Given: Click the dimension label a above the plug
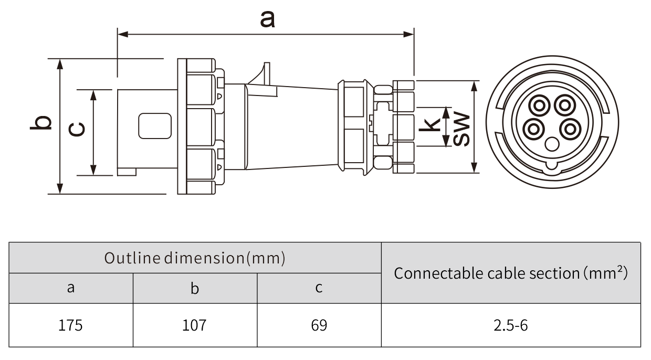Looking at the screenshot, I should click(267, 19).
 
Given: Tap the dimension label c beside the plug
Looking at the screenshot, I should click(77, 128).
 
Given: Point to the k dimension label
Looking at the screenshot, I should click(432, 124).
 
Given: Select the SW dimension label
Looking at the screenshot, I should click(461, 128).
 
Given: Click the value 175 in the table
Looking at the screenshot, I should click(70, 325).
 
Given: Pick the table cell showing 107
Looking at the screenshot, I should click(194, 325).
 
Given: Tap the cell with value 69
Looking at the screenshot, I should click(319, 325).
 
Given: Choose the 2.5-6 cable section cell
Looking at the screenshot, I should click(510, 325).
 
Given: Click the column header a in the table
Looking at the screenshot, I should click(70, 288).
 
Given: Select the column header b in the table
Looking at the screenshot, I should click(194, 288).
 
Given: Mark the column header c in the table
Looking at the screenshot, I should click(319, 288).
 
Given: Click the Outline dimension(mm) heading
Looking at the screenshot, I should click(194, 258).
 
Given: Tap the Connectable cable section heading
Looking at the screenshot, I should click(510, 273).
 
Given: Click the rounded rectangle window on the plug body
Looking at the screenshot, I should click(154, 126).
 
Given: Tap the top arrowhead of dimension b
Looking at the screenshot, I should click(60, 63).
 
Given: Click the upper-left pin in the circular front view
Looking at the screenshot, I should click(539, 105).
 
